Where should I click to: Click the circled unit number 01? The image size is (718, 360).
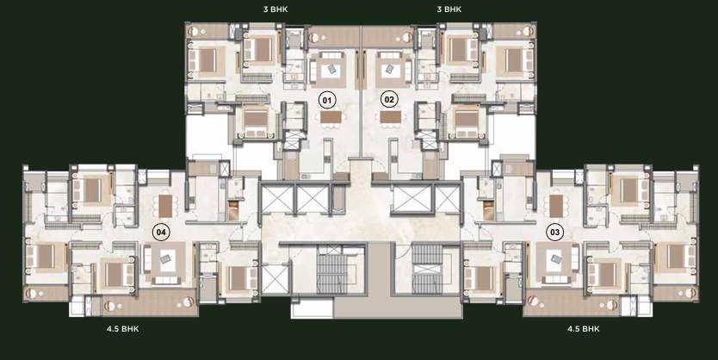326,99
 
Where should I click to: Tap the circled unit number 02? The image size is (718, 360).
389,99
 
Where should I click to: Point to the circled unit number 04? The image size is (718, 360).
161,231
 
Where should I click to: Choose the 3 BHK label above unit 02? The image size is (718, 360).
450,9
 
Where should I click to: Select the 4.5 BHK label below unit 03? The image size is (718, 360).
584,329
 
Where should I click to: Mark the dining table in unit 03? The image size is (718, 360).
556,206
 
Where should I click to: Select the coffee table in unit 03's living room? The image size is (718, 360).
555,259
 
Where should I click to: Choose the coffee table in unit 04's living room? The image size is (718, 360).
162,259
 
